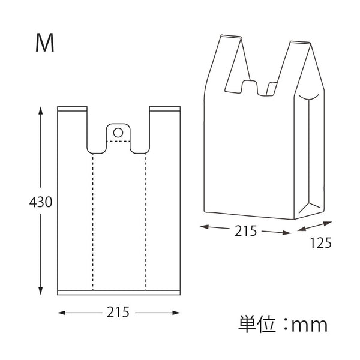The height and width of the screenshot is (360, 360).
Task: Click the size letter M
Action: tap(45, 43)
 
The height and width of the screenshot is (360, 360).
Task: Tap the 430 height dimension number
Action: tap(41, 202)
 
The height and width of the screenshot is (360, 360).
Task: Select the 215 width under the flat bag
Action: tap(118, 312)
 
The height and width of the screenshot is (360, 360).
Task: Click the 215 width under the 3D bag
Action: tap(245, 231)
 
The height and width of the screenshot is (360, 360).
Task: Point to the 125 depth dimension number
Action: tap(321, 243)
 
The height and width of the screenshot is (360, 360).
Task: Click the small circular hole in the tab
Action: tap(118, 133)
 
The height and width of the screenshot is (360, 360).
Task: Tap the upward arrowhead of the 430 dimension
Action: tap(41, 110)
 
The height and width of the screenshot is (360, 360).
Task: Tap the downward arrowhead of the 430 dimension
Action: tap(41, 290)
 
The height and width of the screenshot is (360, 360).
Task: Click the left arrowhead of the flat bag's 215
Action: tap(62, 313)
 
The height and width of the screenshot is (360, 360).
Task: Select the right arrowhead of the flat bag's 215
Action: tap(176, 313)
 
